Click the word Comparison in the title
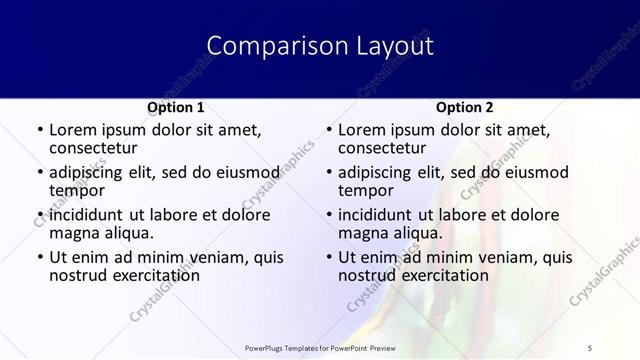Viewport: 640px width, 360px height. coord(264,46)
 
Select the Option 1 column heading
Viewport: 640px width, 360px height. coord(175,107)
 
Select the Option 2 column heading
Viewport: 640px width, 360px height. coord(464,107)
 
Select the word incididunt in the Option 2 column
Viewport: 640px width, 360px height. coord(383,214)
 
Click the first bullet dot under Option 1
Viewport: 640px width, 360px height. coord(39,130)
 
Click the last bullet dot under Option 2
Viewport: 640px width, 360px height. coord(328,257)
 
